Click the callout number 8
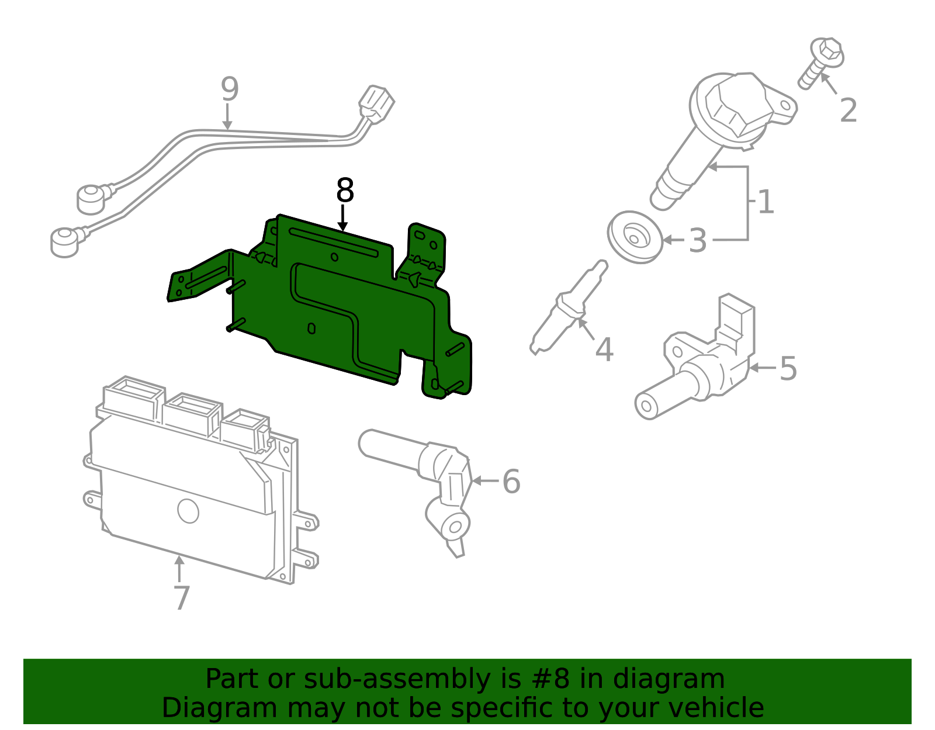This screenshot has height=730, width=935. (x=345, y=191)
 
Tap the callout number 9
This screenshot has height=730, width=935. (x=229, y=89)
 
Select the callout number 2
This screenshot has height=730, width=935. (x=848, y=110)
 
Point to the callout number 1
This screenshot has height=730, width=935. (x=766, y=202)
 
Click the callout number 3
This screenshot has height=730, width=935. (x=698, y=240)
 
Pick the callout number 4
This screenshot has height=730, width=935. (x=604, y=350)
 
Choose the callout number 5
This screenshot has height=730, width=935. (x=788, y=368)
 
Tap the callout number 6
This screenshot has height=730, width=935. (x=511, y=481)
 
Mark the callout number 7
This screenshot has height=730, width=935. (x=182, y=597)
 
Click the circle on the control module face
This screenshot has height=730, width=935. (x=188, y=511)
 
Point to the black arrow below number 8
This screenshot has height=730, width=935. (x=343, y=219)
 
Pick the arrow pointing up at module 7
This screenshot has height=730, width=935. (x=179, y=568)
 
